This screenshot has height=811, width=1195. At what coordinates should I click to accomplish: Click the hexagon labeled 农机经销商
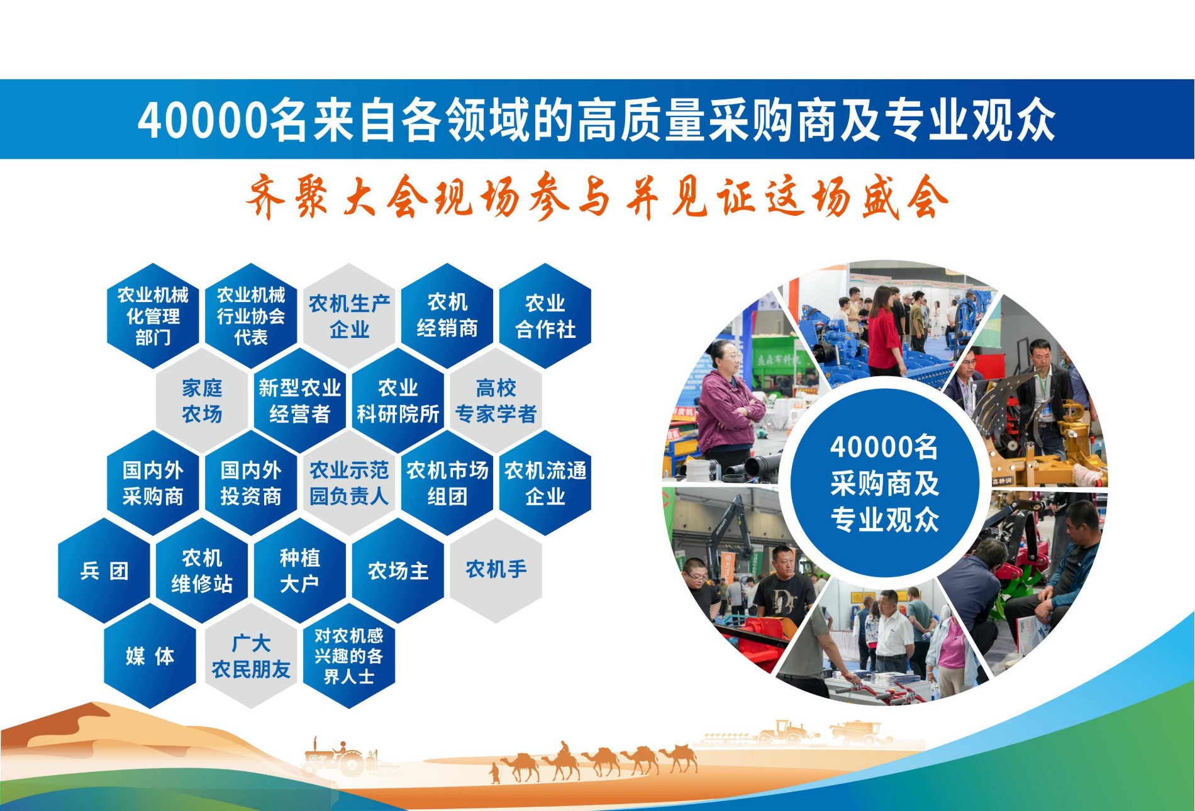(x=447, y=316)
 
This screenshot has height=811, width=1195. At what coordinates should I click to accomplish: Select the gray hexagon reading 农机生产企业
(x=349, y=316)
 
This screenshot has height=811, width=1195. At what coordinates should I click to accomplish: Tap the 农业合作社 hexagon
(x=545, y=316)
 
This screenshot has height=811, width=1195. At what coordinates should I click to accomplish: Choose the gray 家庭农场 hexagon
(x=202, y=401)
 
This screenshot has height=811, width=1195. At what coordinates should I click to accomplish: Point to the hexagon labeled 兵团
(x=104, y=571)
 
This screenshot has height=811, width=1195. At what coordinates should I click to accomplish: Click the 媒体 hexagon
(x=150, y=656)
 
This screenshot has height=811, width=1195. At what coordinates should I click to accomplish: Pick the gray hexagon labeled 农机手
(x=496, y=571)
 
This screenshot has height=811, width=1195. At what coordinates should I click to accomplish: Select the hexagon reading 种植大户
(x=300, y=571)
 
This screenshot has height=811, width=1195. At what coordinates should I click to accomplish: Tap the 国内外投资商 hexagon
(x=251, y=483)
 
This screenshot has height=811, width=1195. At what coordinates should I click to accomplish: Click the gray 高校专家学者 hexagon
(x=496, y=401)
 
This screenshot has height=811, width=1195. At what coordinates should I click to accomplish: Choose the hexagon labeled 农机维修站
(x=202, y=571)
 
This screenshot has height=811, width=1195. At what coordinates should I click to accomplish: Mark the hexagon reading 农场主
(x=398, y=571)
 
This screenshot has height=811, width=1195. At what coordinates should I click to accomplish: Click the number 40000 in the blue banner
(x=203, y=120)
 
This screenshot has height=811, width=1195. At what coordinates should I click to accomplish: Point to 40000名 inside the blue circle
(x=884, y=447)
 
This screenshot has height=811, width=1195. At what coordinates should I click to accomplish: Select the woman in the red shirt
(x=885, y=330)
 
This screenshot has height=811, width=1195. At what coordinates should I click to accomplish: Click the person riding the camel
(x=564, y=748)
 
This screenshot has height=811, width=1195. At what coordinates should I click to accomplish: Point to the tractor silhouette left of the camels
(x=340, y=758)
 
